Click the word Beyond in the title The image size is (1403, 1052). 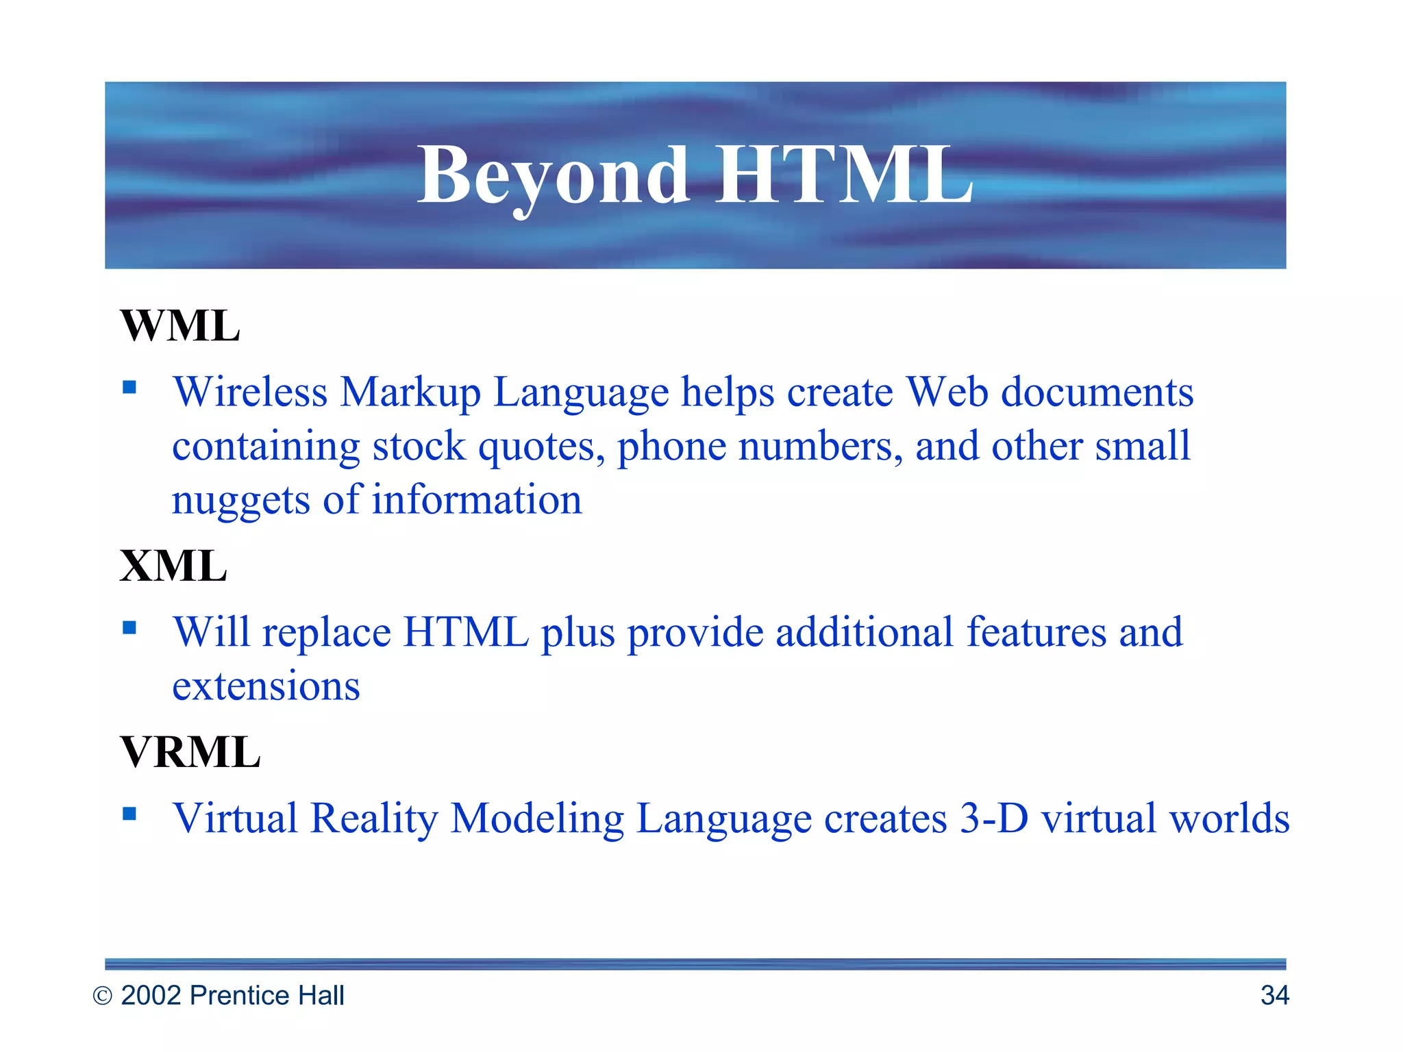(554, 176)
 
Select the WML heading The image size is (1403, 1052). (180, 326)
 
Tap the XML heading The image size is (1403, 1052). (173, 566)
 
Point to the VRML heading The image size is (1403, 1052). (190, 752)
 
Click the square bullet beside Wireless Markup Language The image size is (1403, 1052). (129, 388)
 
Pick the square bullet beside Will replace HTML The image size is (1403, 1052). (129, 627)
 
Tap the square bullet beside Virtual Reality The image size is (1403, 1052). (129, 814)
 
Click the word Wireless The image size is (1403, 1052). (250, 392)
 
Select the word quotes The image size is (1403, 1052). (541, 447)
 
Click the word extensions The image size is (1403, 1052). (266, 686)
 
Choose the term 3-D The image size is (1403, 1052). (994, 818)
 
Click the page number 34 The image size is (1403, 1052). (1274, 995)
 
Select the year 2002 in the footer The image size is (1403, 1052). (151, 995)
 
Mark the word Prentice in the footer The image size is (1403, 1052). (232, 995)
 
